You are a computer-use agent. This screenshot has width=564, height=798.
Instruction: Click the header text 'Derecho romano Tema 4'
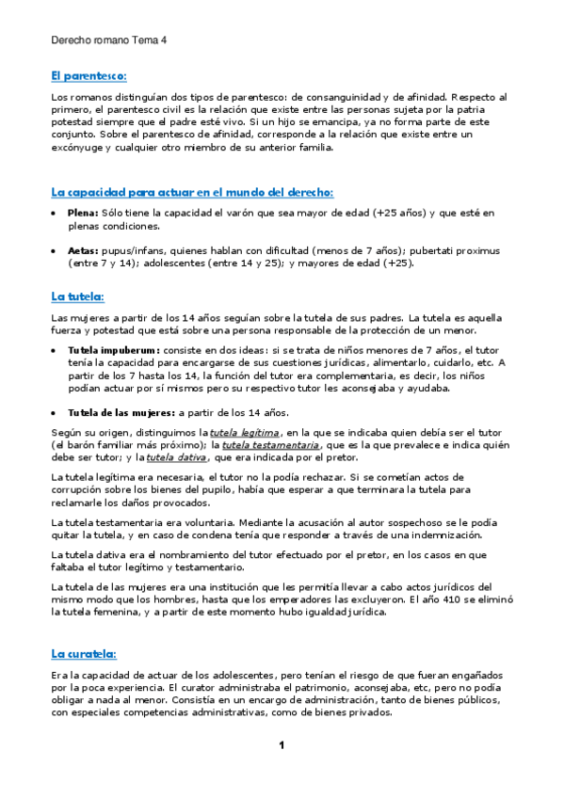[x=106, y=41]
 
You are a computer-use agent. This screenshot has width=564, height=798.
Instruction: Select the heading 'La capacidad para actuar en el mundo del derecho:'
[x=192, y=192]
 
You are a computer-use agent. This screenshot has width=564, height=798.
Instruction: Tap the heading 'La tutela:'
[x=77, y=296]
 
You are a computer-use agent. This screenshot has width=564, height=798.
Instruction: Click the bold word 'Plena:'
[x=83, y=214]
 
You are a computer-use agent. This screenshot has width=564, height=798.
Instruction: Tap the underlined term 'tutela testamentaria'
[x=271, y=445]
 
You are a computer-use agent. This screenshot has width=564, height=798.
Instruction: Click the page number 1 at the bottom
[x=281, y=746]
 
